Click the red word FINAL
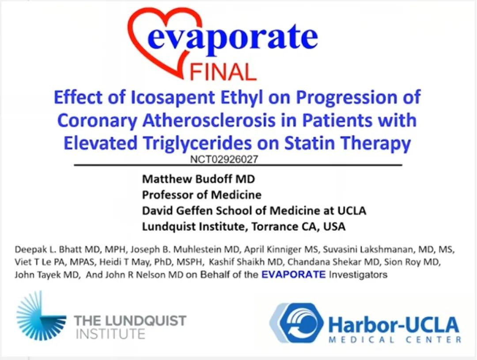click(x=223, y=72)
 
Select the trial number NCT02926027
click(x=224, y=159)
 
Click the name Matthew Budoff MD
click(x=198, y=179)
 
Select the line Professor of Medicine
click(x=202, y=195)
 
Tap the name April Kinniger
click(x=276, y=249)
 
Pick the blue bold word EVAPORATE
click(x=294, y=274)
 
